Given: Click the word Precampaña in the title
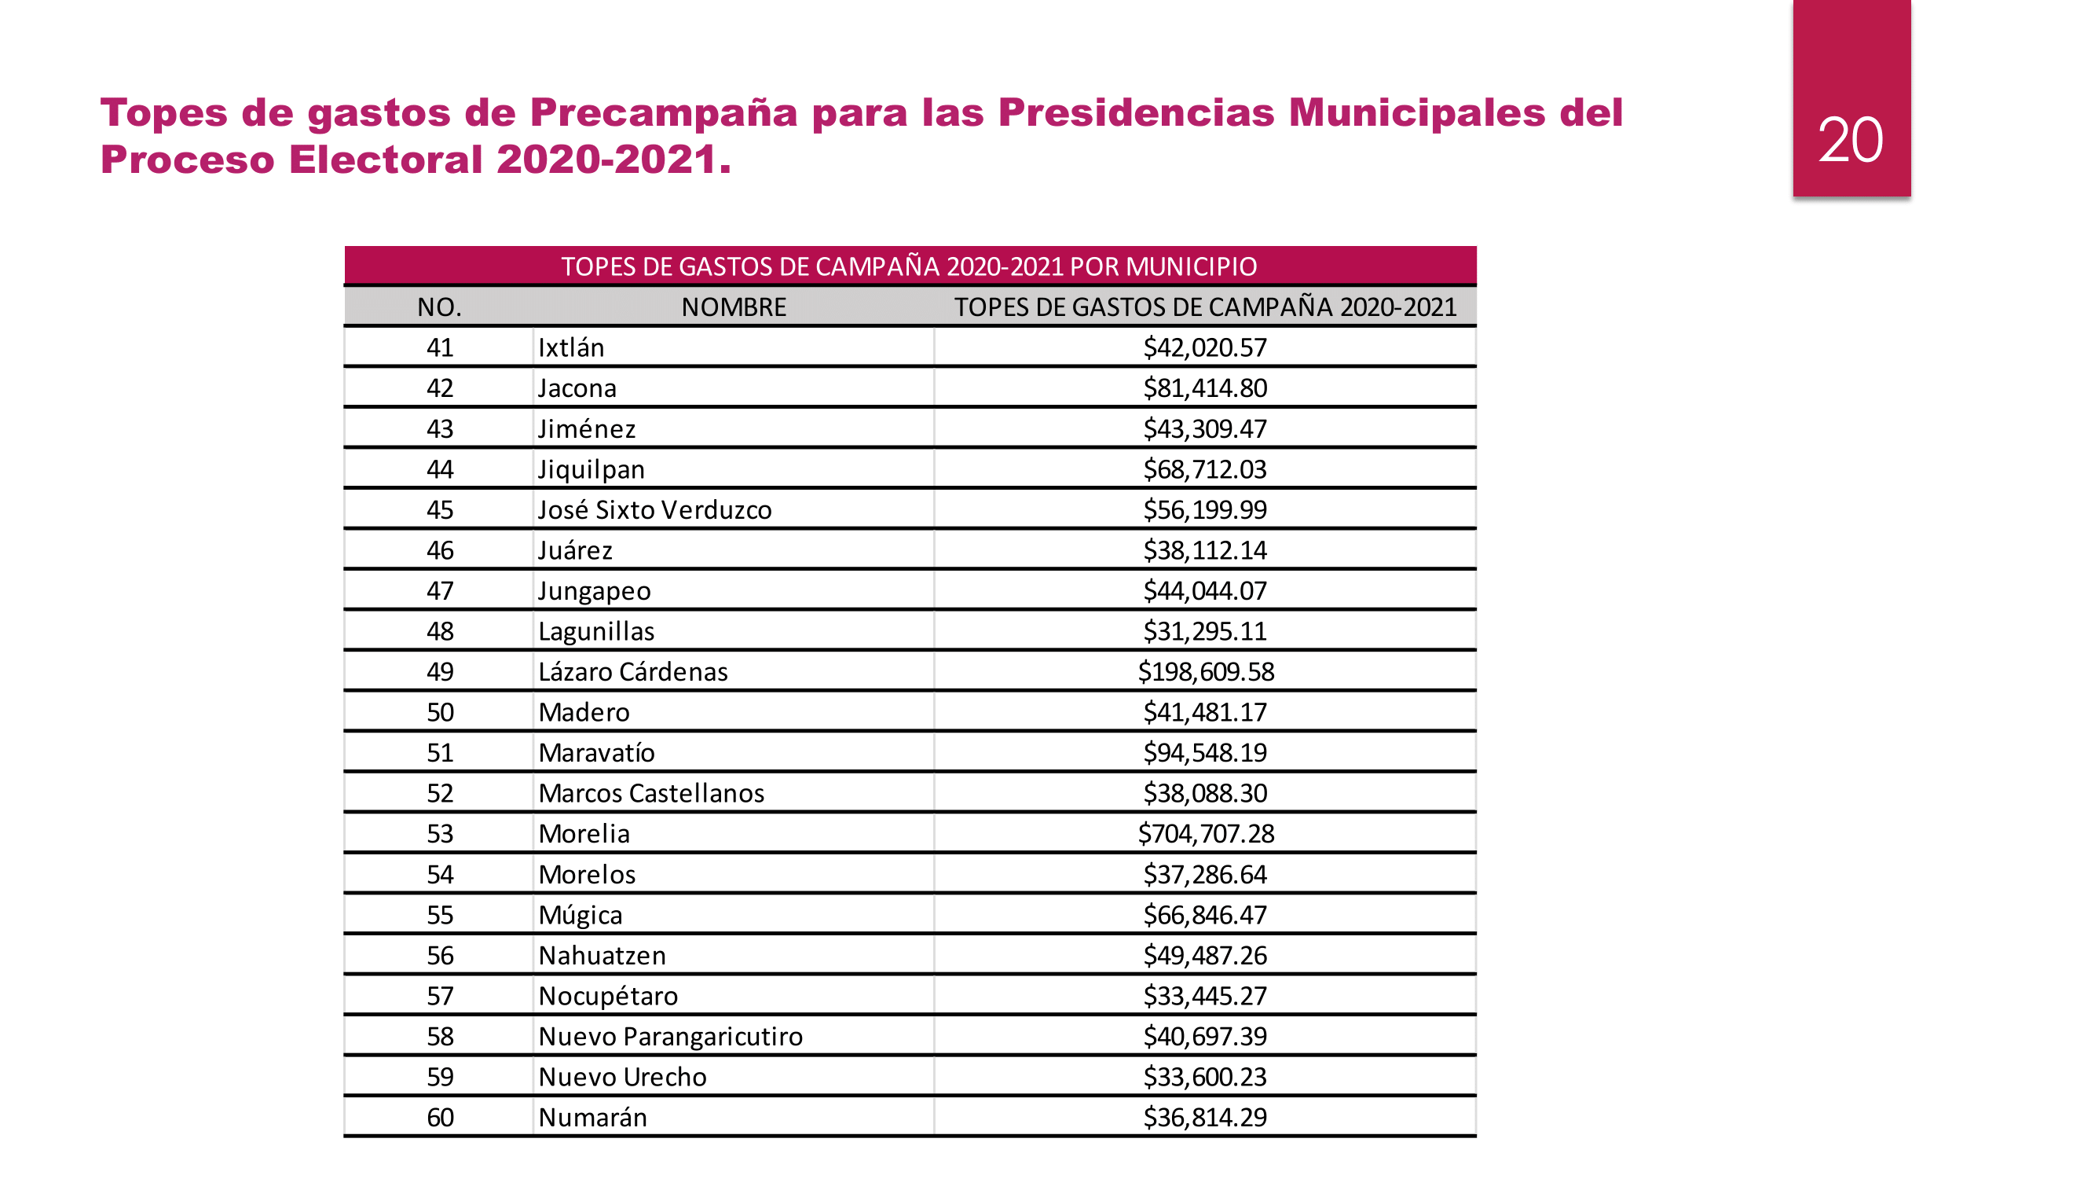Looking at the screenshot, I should click(x=663, y=112).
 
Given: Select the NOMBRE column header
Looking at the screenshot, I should click(x=733, y=307).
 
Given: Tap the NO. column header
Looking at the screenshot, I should click(x=439, y=307).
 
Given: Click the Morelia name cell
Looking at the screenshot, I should click(x=584, y=833).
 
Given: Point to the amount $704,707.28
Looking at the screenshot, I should click(x=1205, y=833).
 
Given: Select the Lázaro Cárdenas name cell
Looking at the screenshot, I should click(x=632, y=671).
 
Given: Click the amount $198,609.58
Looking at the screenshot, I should click(x=1205, y=671).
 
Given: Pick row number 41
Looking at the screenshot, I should click(x=439, y=347).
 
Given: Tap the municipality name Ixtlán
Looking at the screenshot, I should click(x=571, y=347).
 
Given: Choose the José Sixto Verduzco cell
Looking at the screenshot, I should click(x=654, y=509).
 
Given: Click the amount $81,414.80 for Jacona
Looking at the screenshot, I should click(x=1205, y=388).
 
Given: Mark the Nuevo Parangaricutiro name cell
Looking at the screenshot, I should click(x=670, y=1036).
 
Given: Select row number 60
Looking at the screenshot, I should click(x=439, y=1117).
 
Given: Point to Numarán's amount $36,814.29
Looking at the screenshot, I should click(x=1205, y=1117).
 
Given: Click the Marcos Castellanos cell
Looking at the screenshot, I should click(x=650, y=792).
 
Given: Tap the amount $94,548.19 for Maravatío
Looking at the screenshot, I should click(x=1205, y=753).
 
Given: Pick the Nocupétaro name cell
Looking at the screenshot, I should click(x=607, y=996).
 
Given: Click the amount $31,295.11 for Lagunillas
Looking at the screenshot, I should click(x=1205, y=630).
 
